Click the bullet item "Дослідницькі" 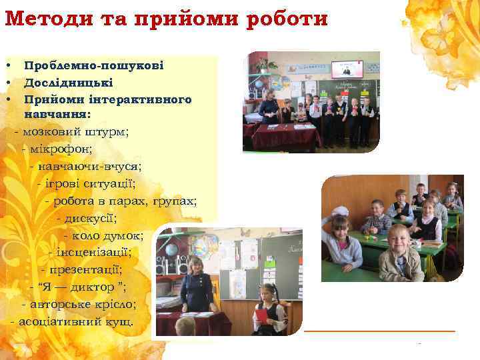click(x=69, y=83)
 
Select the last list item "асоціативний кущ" click(x=75, y=322)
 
